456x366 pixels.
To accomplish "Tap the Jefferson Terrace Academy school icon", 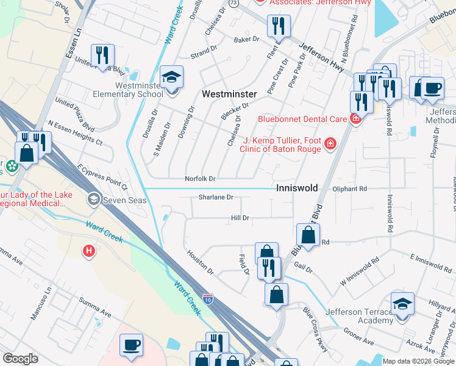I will [x=402, y=304].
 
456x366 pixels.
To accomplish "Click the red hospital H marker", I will [x=89, y=250].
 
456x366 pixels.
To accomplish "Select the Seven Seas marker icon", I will [x=94, y=198].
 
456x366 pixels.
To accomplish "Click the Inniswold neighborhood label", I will [x=297, y=188].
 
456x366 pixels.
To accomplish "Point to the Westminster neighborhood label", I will [x=229, y=94].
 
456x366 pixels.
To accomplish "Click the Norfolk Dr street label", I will [x=201, y=179].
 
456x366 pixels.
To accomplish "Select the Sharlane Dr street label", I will [x=216, y=198].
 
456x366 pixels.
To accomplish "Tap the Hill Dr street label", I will [x=240, y=218].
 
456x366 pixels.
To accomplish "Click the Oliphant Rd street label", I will [x=349, y=189].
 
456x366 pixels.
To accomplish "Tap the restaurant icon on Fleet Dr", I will [x=278, y=26].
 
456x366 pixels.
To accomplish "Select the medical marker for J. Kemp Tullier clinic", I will [x=330, y=143].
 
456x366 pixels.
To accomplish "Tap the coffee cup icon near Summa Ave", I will [x=131, y=345].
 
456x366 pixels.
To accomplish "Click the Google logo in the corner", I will [x=20, y=359].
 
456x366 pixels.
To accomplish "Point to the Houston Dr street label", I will [x=201, y=262].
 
